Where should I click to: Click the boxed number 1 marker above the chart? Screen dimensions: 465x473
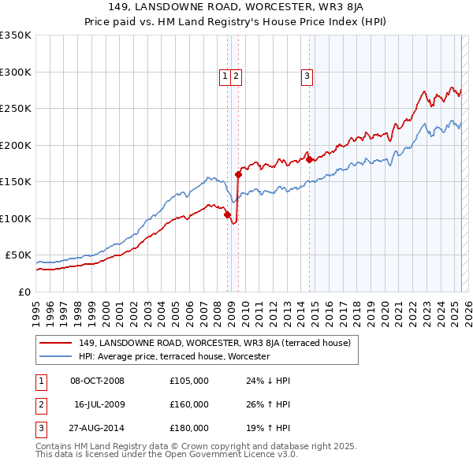pos(225,76)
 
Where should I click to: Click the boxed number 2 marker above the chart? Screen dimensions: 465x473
pos(236,76)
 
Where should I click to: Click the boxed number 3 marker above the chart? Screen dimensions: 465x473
pos(306,76)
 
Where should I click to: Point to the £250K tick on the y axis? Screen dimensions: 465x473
pos(16,109)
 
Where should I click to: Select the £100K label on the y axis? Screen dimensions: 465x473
pos(16,218)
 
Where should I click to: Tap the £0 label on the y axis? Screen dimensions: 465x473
pos(23,292)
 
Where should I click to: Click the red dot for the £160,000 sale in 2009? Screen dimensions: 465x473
pos(237,175)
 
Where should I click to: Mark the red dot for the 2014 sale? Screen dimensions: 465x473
pos(309,160)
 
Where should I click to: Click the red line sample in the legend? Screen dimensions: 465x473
pos(55,343)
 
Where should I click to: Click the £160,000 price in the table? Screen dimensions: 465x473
pos(189,404)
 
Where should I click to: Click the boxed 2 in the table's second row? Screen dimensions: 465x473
pos(39,404)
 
